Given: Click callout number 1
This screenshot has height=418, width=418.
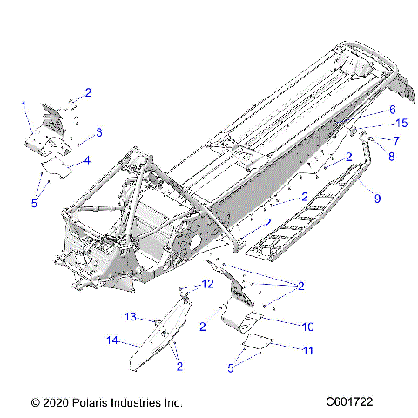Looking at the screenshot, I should coord(24,105).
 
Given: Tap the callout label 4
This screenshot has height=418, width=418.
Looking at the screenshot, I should coord(86,160).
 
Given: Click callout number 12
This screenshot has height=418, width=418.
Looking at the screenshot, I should coord(208,284).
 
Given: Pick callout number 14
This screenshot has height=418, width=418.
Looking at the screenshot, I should coord(111,340).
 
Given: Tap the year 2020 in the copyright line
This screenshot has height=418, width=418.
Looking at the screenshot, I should coord(53,403).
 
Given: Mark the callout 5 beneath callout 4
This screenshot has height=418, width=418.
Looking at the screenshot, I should coord(35,203).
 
